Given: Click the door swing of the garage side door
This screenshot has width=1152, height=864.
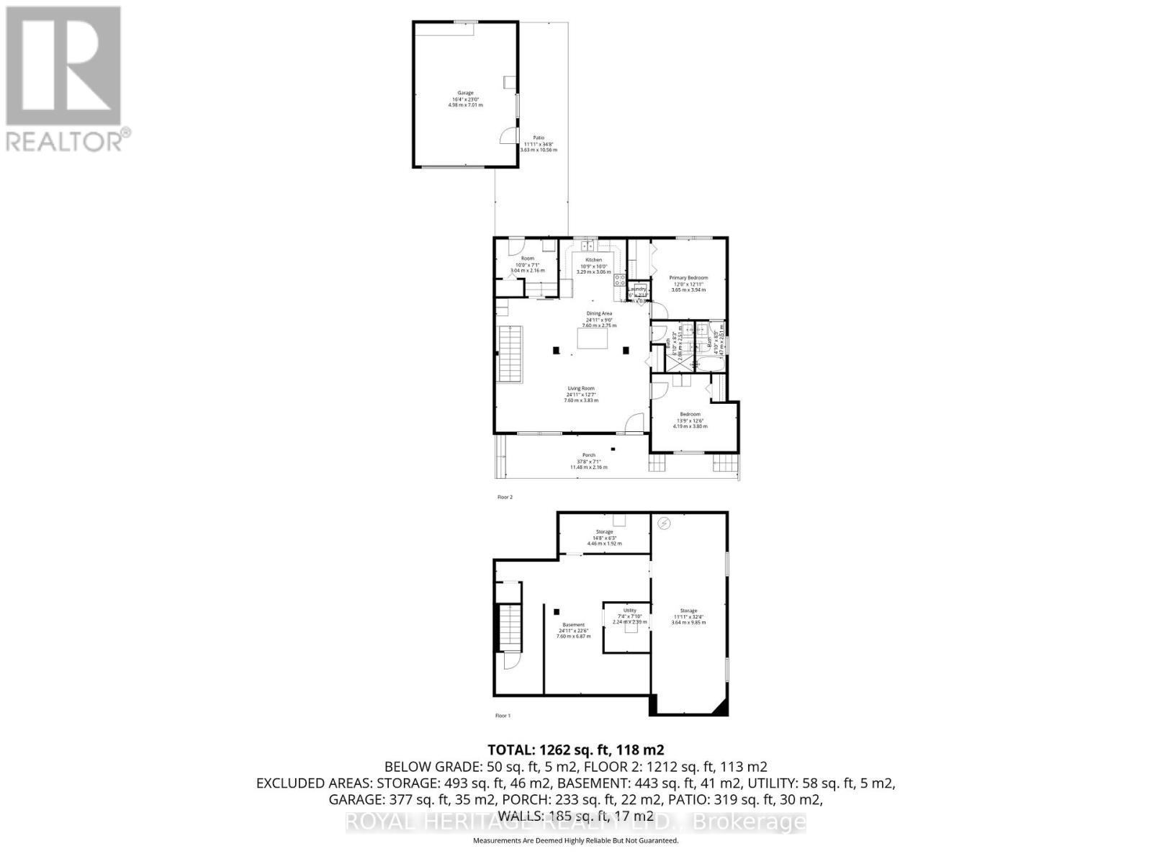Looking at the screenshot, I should click(510, 135).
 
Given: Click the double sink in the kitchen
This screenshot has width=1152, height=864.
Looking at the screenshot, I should click(590, 246).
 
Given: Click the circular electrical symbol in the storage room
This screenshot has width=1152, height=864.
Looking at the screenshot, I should click(665, 523).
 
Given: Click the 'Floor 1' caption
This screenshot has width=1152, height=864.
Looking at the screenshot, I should click(503, 716).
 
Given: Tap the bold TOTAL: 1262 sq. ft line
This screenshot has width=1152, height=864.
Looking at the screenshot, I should click(575, 750).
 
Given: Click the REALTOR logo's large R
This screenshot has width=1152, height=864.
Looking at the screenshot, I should click(63, 67).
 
